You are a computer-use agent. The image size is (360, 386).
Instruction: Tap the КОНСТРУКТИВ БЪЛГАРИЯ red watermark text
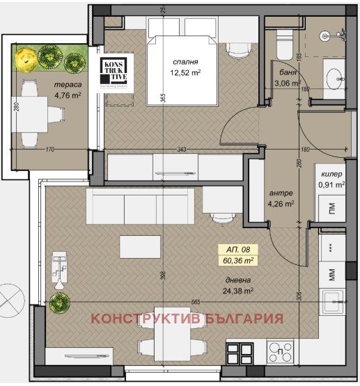[x=188, y=319]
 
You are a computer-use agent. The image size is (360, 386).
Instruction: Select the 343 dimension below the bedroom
[x=181, y=150]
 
